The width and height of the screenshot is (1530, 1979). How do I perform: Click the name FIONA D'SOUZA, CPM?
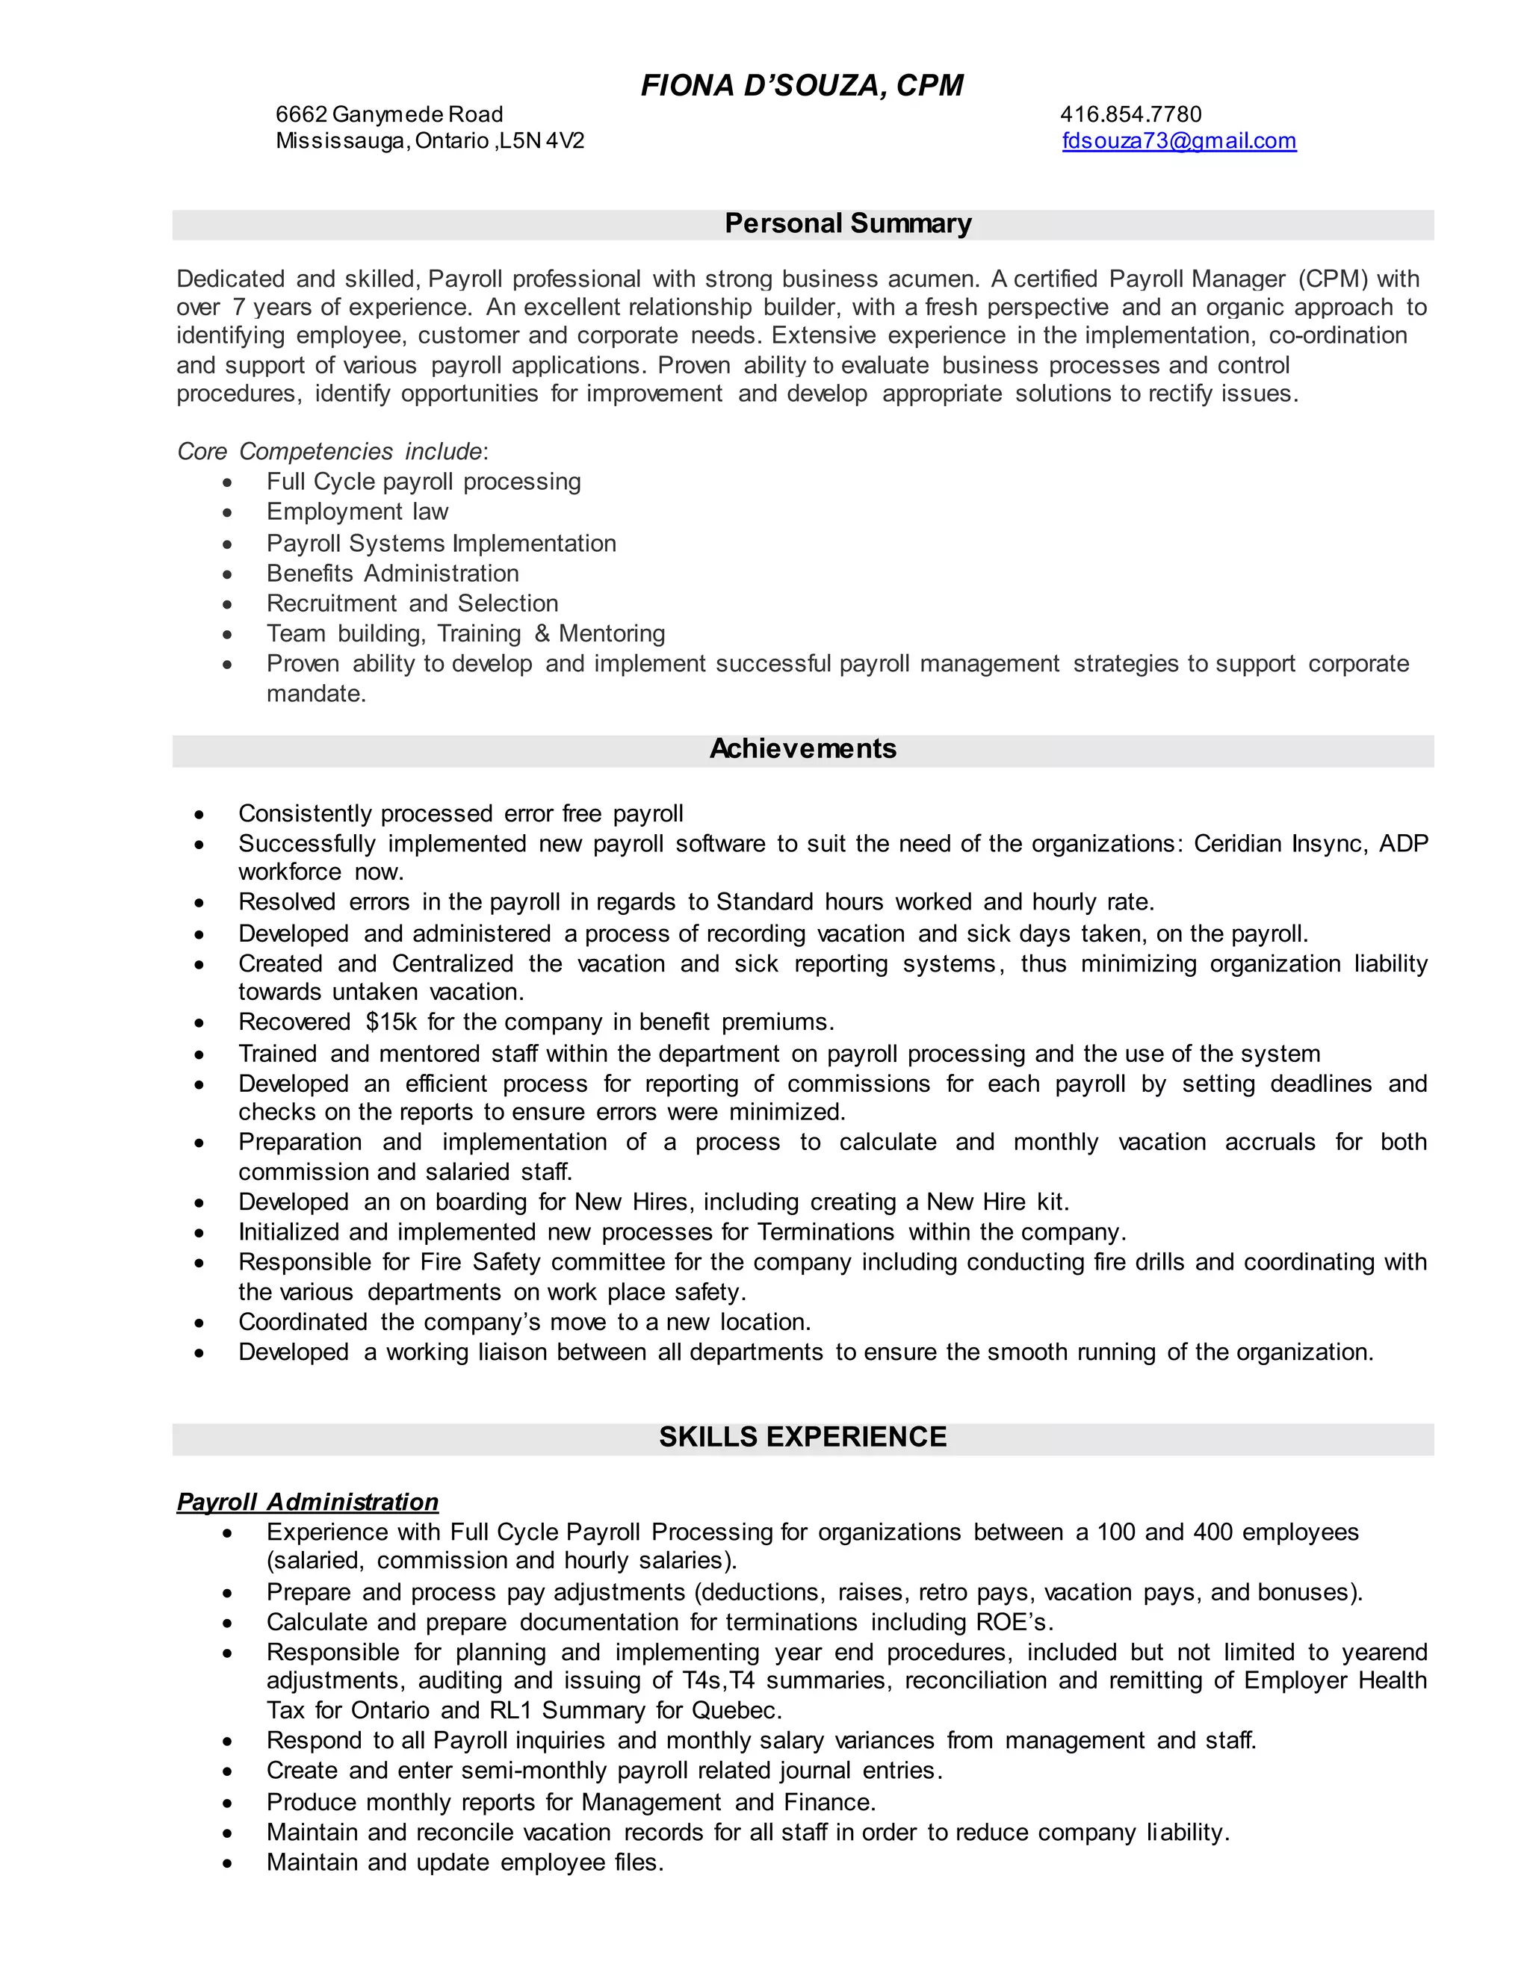[x=802, y=85]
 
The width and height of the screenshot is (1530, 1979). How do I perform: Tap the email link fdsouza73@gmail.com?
[x=1178, y=141]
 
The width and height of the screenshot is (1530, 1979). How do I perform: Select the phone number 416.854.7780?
[x=1130, y=114]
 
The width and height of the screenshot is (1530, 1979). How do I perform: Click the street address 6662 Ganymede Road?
[x=388, y=114]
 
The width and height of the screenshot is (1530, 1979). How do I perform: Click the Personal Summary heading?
[x=847, y=224]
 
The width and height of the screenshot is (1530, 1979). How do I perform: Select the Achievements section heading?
[x=802, y=748]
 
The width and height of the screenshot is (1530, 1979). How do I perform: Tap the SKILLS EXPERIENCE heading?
[x=802, y=1437]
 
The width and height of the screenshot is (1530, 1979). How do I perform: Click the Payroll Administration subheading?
[x=307, y=1503]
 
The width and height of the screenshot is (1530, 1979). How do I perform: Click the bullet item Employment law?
[x=357, y=512]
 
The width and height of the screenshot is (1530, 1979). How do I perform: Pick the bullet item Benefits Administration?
[x=392, y=574]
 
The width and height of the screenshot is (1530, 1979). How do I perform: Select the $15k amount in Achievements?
[x=391, y=1022]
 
